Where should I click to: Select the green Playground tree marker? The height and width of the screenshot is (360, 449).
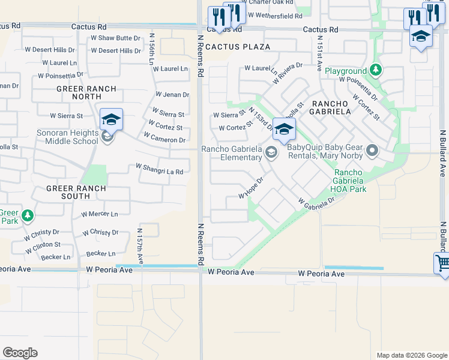(x=376, y=71)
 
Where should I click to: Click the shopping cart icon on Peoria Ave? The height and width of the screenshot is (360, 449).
(x=442, y=262)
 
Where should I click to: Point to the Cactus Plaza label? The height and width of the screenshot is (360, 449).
(x=238, y=46)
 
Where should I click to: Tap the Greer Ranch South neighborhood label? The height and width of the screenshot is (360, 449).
(x=76, y=193)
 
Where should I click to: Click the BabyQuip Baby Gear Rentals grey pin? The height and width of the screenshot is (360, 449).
(x=372, y=151)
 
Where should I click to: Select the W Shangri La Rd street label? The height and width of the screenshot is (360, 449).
(x=158, y=169)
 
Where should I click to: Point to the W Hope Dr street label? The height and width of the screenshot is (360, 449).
(x=252, y=187)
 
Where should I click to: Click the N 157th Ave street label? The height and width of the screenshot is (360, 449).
(x=140, y=245)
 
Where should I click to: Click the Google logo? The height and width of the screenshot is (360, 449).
(x=20, y=352)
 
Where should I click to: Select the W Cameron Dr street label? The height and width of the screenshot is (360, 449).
(x=164, y=140)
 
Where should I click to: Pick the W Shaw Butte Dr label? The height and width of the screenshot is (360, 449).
(x=115, y=38)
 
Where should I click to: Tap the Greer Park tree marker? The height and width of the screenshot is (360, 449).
(x=27, y=215)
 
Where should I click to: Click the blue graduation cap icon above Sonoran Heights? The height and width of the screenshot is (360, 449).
(x=112, y=119)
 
